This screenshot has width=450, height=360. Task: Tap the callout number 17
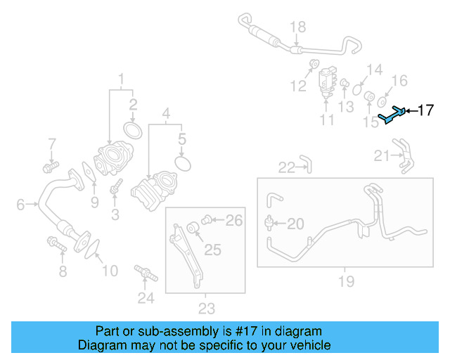point(426,110)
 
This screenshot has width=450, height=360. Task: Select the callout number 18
point(298,27)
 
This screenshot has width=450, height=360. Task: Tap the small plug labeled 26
point(207,221)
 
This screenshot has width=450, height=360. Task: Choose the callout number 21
point(381,155)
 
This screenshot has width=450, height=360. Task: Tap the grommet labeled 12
point(311,66)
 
